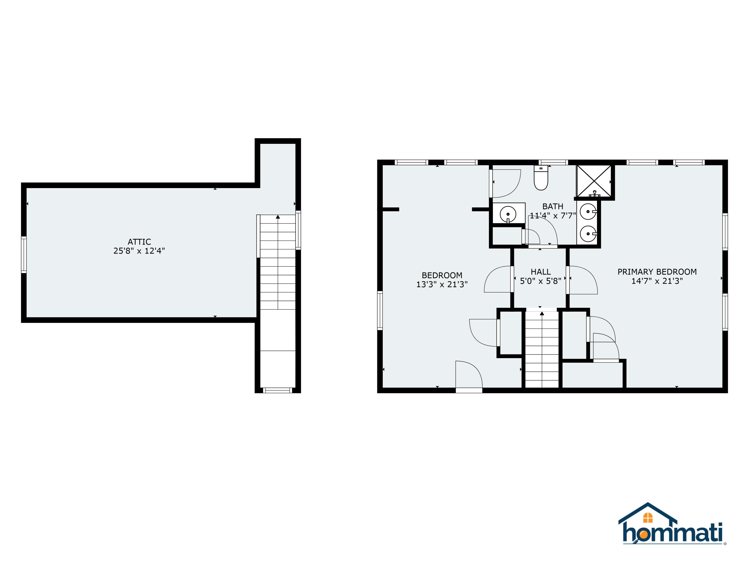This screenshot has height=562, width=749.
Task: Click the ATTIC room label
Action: [x=139, y=242]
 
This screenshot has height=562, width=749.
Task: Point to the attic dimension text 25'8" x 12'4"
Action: [x=139, y=251]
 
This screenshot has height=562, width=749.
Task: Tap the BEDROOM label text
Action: [x=442, y=276]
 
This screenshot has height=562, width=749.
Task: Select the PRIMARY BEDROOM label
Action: [x=657, y=272]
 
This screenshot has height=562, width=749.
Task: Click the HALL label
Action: [x=541, y=272]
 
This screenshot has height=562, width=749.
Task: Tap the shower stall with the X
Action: [x=594, y=181]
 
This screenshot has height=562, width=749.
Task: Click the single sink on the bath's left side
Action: [x=508, y=214]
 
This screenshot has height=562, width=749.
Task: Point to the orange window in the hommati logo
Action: [x=648, y=518]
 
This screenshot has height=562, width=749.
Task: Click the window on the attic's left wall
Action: [x=24, y=255]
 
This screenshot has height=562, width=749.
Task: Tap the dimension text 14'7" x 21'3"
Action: [x=657, y=281]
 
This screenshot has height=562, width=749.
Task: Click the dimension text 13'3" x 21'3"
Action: [x=442, y=284]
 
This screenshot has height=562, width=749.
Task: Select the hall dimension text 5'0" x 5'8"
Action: [x=541, y=281]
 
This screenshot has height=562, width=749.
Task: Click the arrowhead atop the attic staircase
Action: [x=278, y=217]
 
